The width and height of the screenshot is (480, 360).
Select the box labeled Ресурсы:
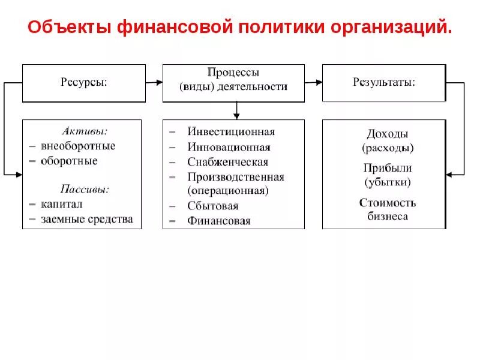83,83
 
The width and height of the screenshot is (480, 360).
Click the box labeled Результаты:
384,83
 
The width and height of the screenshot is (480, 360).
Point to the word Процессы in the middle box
233,73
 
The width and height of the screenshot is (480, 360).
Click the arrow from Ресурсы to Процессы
154,83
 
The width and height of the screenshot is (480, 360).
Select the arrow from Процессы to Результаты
313,83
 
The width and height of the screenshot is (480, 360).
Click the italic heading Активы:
85,131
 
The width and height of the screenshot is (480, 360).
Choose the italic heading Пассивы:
85,189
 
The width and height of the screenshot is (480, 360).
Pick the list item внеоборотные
78,146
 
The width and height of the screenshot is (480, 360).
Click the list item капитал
62,204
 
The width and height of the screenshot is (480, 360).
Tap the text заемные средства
87,219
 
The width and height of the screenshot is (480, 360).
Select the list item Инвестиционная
231,132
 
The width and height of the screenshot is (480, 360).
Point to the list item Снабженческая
228,162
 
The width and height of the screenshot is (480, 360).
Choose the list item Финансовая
219,220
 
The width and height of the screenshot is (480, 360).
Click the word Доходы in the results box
388,134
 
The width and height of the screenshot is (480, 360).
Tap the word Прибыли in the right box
388,169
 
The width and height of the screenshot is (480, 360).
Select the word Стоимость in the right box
388,203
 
